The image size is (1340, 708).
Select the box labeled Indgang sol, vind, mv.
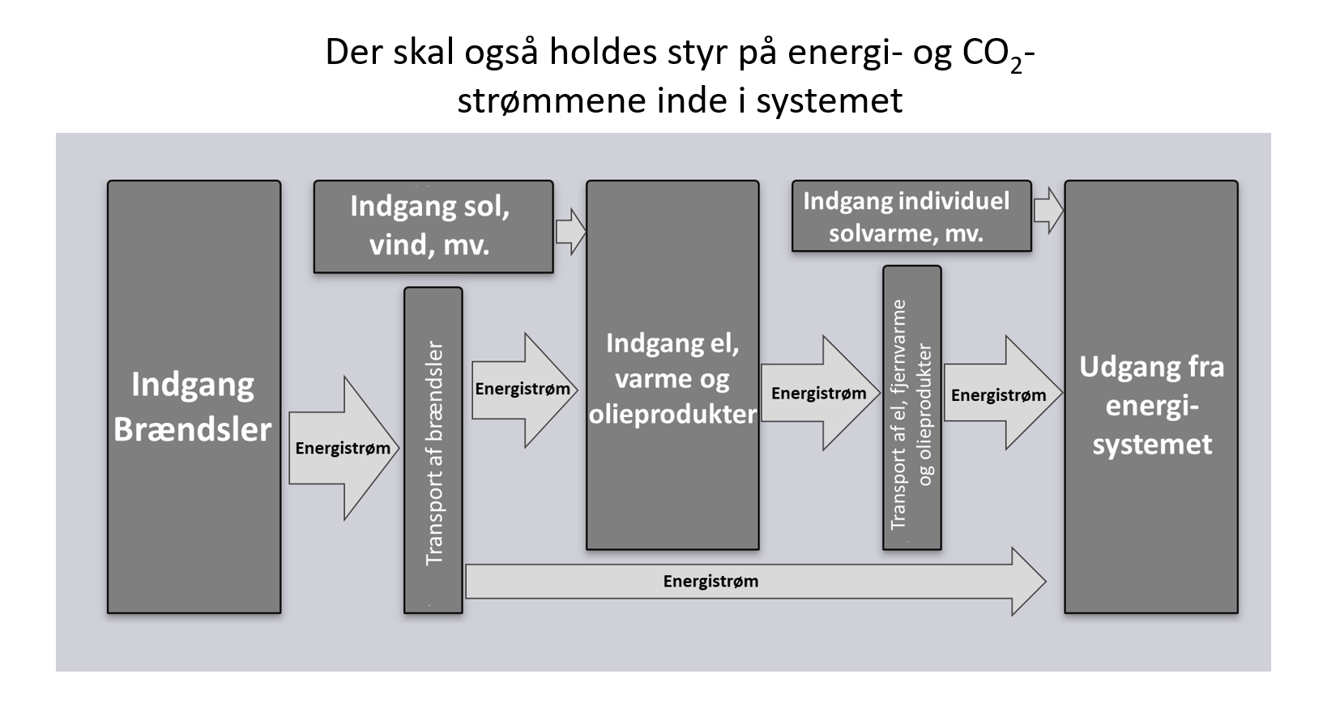[x=433, y=226]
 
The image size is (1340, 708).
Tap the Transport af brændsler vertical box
[x=433, y=450]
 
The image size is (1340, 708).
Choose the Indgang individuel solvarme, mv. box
[x=911, y=216]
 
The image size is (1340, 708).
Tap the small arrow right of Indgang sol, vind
[x=571, y=232]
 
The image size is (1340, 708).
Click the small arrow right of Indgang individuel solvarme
[x=1049, y=211]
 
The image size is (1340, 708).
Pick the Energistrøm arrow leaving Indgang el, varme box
[x=819, y=394]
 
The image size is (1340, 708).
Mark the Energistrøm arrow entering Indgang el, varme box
[x=523, y=390]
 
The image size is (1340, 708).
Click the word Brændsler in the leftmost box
[x=193, y=429]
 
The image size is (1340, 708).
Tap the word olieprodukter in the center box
[x=672, y=414]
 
